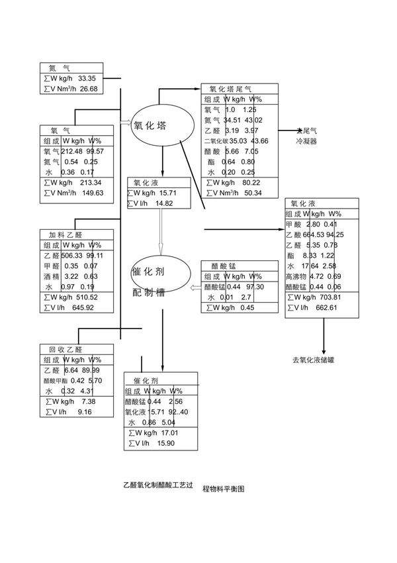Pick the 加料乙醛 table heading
(x=65, y=234)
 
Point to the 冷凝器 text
(x=306, y=141)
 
